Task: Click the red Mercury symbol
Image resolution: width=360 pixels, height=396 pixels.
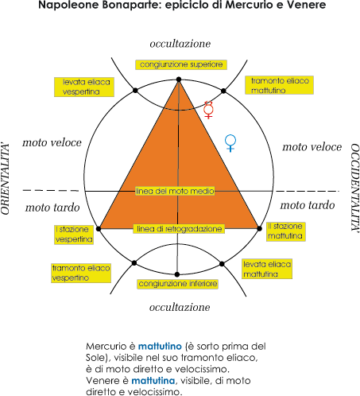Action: [x=208, y=110]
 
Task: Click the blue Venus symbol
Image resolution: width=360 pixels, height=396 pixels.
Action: [x=230, y=143]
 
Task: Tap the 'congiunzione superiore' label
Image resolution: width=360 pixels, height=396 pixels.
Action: [x=181, y=64]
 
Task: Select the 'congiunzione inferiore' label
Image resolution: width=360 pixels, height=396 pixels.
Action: [x=178, y=284]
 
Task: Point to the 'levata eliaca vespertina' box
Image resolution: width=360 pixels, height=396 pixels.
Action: [x=84, y=87]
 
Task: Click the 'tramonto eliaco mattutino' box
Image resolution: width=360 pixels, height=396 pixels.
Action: [x=279, y=85]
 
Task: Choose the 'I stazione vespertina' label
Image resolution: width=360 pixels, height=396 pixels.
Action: [x=74, y=235]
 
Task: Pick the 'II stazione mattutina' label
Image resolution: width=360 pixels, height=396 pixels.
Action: [x=286, y=231]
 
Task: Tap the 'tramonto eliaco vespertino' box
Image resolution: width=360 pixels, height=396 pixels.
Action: [x=81, y=273]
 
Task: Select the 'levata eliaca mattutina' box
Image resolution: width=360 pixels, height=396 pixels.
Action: [x=267, y=269]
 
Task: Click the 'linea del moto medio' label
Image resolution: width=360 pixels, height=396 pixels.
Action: [x=175, y=191]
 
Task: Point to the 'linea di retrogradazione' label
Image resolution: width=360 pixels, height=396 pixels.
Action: [x=179, y=229]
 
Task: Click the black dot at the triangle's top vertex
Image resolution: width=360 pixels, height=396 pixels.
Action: [x=179, y=80]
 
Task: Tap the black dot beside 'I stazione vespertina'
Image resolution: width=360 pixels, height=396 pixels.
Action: [x=99, y=229]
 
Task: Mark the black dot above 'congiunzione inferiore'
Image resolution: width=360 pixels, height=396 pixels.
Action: [x=177, y=274]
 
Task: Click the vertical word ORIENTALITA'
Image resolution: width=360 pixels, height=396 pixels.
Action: [x=6, y=179]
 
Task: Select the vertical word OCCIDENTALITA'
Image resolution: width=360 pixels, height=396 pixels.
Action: [x=355, y=188]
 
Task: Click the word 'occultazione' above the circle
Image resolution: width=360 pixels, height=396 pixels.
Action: [x=180, y=44]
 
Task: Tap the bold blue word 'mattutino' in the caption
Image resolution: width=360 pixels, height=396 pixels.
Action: [x=160, y=346]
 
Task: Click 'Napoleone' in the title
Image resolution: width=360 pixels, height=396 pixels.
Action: [x=68, y=5]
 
